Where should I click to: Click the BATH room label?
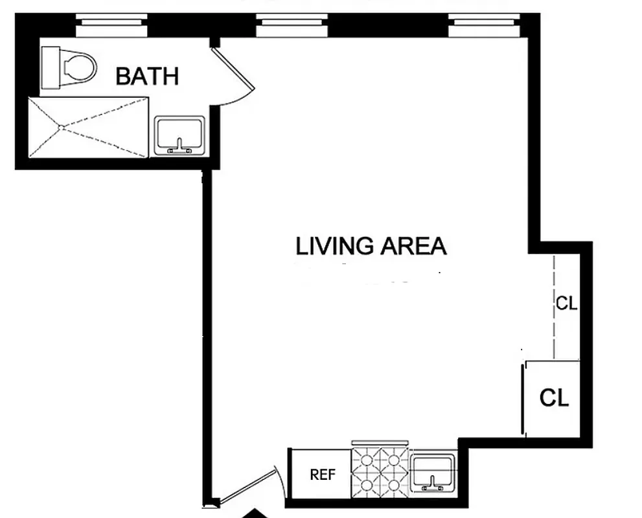146,76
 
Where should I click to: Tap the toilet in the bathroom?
68,67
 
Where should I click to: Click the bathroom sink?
180,135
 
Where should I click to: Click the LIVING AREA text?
371,247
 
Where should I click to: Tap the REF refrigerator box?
322,475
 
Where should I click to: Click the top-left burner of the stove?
367,460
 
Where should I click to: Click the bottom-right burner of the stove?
394,485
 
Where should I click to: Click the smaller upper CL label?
566,303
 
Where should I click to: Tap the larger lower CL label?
554,398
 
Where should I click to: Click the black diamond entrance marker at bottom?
257,513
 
